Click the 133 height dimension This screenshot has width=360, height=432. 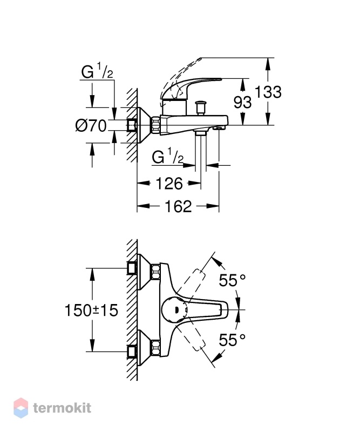point(268,92)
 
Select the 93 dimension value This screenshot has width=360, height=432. point(242,102)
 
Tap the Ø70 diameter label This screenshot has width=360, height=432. point(91,126)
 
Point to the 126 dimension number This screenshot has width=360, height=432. point(169,184)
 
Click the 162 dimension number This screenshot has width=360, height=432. point(178,206)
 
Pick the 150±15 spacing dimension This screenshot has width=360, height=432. point(91,310)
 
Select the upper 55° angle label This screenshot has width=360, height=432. point(232,280)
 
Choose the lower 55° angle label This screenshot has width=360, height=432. point(232,340)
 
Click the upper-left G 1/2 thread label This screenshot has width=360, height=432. point(97,72)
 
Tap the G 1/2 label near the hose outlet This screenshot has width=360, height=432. point(167,157)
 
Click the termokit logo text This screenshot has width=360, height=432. point(62,408)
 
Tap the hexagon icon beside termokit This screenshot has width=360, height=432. point(21,408)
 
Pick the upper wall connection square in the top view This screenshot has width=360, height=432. point(132,268)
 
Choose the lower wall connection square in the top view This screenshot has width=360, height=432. point(132,352)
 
